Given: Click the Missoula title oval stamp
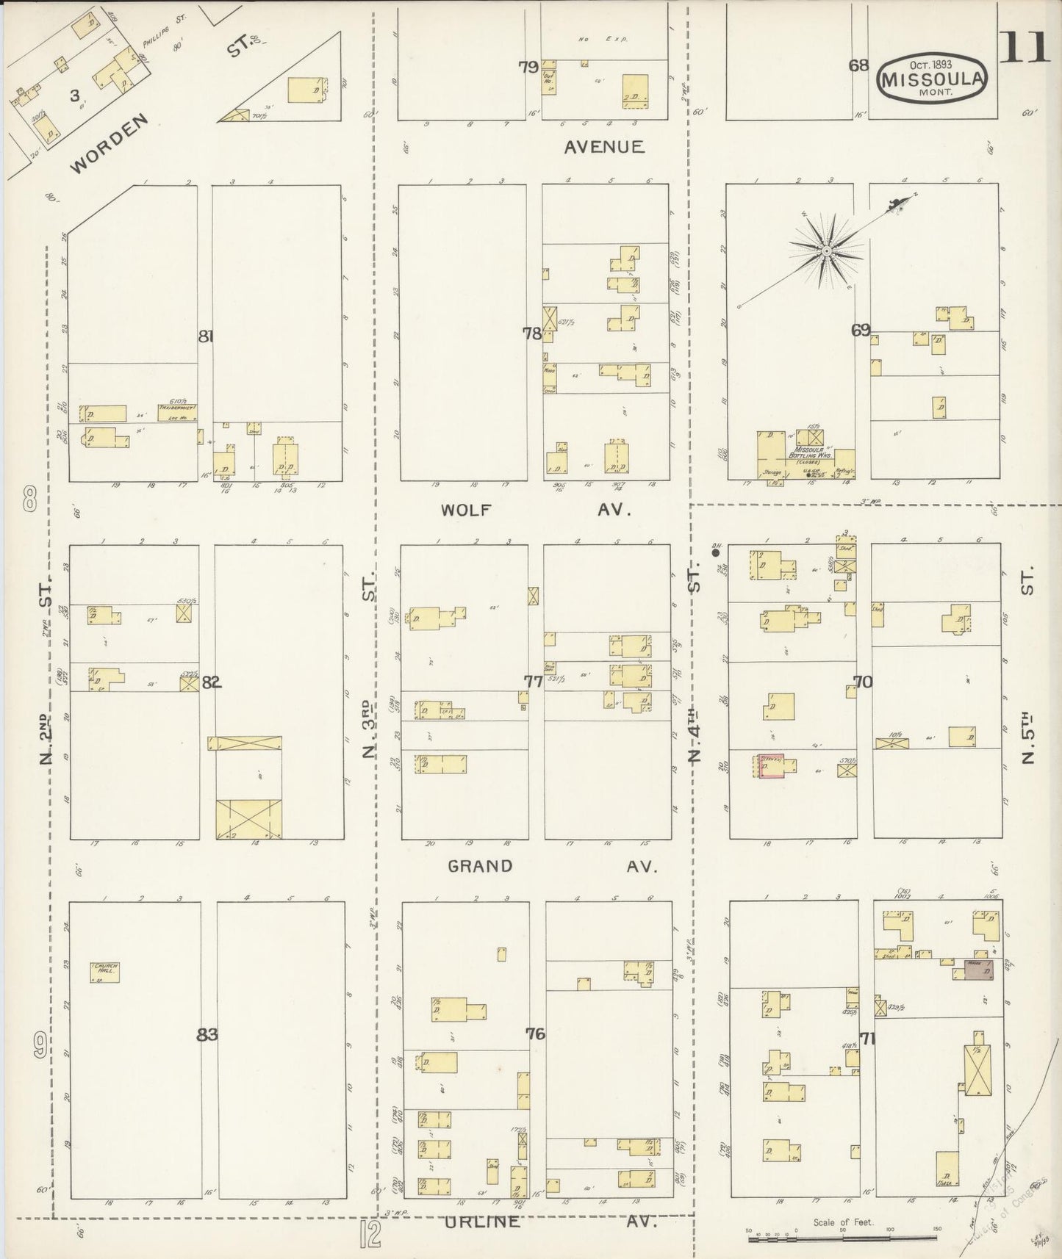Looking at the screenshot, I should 931,76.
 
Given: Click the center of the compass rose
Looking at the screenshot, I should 827,251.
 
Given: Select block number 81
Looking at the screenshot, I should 206,336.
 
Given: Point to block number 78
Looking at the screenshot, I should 531,333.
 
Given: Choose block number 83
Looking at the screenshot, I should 207,1034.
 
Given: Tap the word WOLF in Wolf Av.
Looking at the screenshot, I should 466,510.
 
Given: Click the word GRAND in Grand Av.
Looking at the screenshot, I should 480,866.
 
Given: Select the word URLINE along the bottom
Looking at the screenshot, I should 482,1222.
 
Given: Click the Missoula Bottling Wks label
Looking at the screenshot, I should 808,453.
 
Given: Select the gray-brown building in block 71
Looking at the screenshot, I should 978,970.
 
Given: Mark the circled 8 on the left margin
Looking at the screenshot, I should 30,502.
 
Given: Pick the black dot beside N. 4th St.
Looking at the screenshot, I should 714,551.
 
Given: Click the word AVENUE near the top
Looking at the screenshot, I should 604,147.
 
